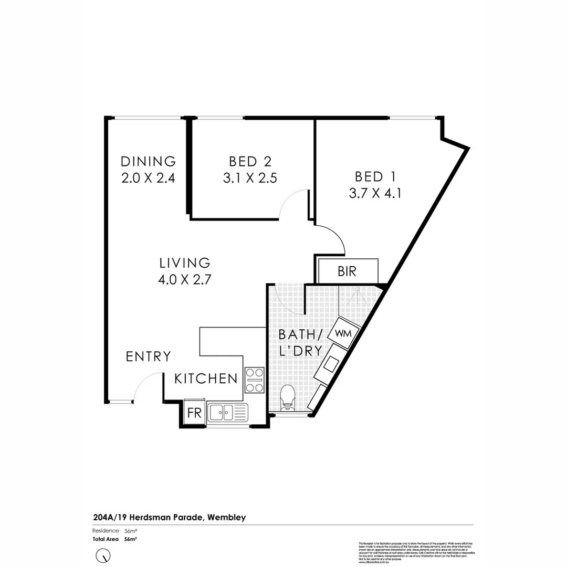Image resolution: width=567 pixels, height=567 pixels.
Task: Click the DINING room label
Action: click(148, 161)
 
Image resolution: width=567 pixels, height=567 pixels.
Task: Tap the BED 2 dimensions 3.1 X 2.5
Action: click(250, 178)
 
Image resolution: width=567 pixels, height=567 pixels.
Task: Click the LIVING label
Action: click(185, 262)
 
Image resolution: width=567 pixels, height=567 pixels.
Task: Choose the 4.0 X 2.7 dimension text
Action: click(184, 280)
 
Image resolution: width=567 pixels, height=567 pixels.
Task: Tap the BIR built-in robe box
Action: click(346, 271)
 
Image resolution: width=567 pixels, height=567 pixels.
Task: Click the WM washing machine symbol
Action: click(342, 333)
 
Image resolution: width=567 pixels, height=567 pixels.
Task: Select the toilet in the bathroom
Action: click(287, 397)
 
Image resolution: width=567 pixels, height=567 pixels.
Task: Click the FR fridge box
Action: click(194, 413)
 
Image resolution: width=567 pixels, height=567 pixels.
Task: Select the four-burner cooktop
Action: click(254, 380)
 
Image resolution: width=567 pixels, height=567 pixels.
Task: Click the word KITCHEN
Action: click(206, 379)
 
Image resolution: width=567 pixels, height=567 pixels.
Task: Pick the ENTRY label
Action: click(149, 357)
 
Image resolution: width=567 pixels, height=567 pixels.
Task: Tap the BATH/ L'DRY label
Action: click(299, 343)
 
